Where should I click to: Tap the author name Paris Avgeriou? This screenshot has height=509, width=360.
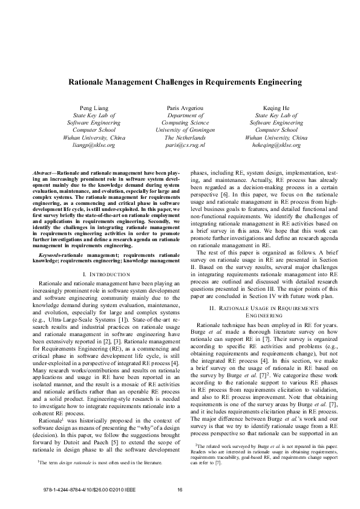[x=185, y=107]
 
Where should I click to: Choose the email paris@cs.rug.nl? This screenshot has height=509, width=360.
[x=185, y=146]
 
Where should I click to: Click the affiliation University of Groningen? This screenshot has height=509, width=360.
[x=185, y=130]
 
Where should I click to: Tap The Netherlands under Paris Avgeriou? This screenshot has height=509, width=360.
[x=185, y=138]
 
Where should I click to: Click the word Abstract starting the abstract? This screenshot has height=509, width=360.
[x=44, y=173]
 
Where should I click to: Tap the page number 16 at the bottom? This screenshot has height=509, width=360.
[x=180, y=488]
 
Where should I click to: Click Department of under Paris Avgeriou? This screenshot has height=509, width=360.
[x=185, y=114]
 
